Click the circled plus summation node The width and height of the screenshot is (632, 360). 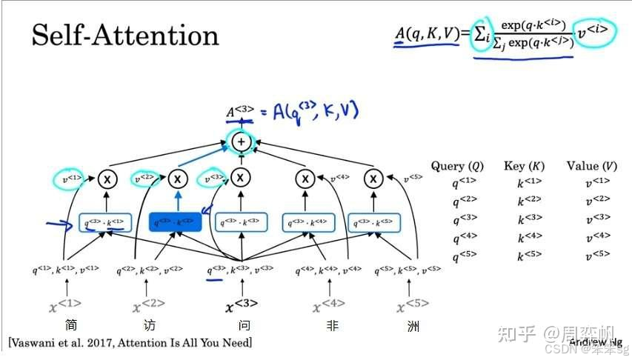241,141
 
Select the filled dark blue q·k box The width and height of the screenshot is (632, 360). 176,221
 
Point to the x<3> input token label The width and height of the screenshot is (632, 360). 241,305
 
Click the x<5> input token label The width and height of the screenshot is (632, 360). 413,305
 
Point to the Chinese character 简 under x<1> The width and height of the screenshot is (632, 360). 71,326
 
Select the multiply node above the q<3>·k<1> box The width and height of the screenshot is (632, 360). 109,179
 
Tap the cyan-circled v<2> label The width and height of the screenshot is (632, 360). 144,179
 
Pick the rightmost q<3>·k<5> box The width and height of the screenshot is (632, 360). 373,221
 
